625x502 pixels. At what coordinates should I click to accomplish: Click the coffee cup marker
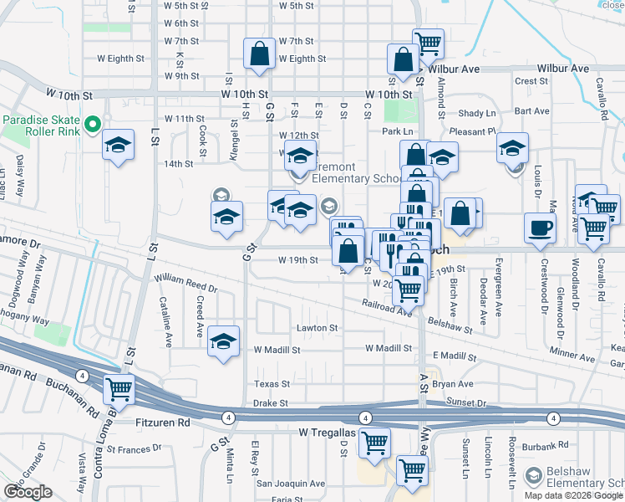click(540, 227)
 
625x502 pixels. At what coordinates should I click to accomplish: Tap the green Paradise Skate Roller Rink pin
click(93, 125)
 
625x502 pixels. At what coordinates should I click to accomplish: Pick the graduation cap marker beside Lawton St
click(223, 341)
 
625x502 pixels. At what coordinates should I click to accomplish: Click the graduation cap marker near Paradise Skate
click(119, 146)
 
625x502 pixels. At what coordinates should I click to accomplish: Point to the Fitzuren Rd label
click(162, 424)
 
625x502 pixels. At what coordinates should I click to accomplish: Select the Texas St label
click(272, 384)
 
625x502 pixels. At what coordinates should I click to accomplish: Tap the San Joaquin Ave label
click(290, 483)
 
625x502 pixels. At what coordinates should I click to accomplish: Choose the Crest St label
click(531, 81)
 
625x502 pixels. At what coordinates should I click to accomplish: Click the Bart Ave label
click(531, 110)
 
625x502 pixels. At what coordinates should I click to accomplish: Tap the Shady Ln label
click(477, 113)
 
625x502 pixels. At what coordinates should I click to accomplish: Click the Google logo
click(28, 492)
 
